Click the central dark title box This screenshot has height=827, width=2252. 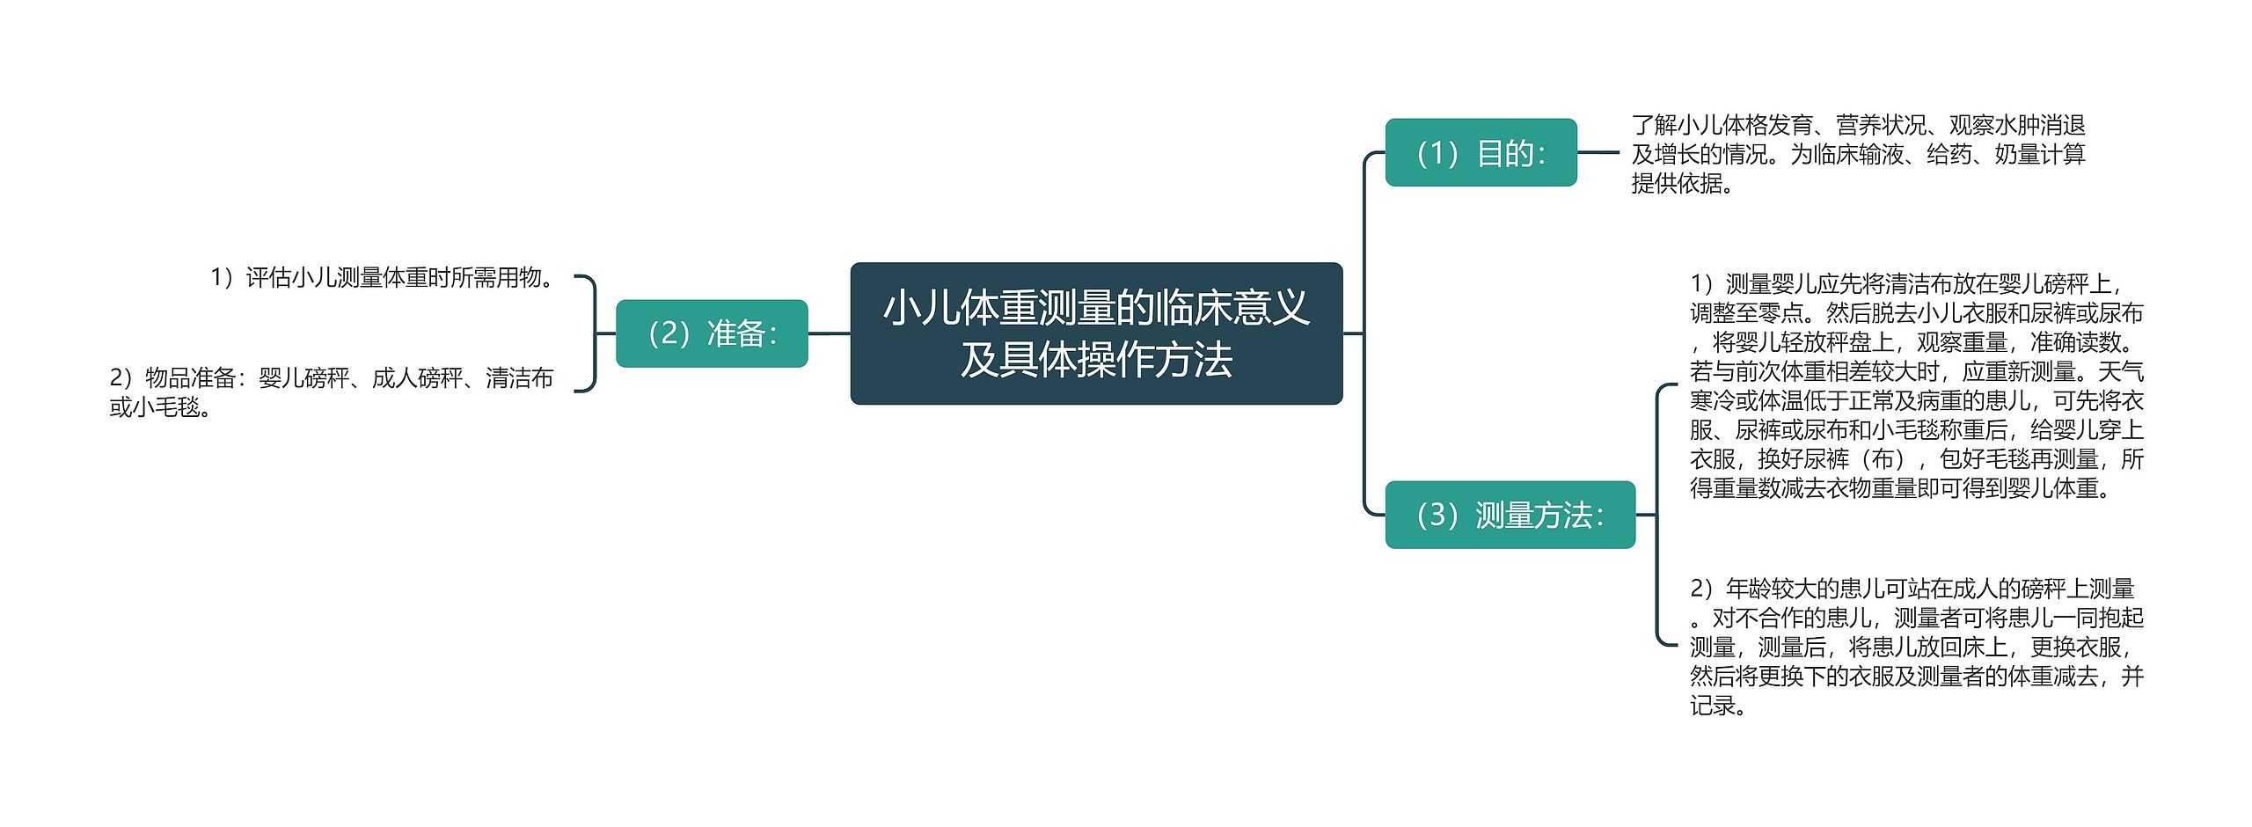pyautogui.click(x=1096, y=333)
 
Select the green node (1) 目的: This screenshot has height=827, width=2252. pyautogui.click(x=1481, y=153)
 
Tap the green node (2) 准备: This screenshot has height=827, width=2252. pyautogui.click(x=712, y=333)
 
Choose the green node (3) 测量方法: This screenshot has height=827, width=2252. pyautogui.click(x=1510, y=515)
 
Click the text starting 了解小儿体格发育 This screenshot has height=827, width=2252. pyautogui.click(x=1858, y=154)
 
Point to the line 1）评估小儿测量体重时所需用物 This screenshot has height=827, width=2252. pyautogui.click(x=384, y=278)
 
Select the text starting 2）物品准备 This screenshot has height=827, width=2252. pyautogui.click(x=331, y=392)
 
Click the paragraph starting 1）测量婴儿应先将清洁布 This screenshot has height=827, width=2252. pyautogui.click(x=1916, y=385)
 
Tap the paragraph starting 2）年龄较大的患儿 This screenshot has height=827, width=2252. pyautogui.click(x=1916, y=647)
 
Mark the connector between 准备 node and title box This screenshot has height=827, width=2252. pyautogui.click(x=829, y=333)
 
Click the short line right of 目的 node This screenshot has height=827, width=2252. pyautogui.click(x=1598, y=153)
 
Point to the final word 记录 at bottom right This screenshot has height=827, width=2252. pyautogui.click(x=1712, y=706)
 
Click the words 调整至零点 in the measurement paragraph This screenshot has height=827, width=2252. pyautogui.click(x=1745, y=313)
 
